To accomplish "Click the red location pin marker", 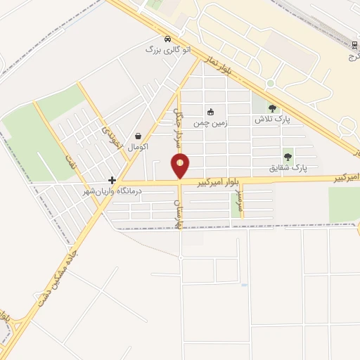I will pyautogui.click(x=181, y=167).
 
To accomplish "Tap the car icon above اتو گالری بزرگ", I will pyautogui.click(x=167, y=39).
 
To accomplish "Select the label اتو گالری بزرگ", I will pyautogui.click(x=167, y=50).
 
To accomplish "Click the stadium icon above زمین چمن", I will pyautogui.click(x=210, y=112).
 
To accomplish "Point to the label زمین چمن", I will pyautogui.click(x=209, y=122).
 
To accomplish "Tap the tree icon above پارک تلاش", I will pyautogui.click(x=273, y=108).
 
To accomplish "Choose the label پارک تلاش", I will pyautogui.click(x=272, y=120).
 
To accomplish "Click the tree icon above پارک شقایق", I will pyautogui.click(x=288, y=156).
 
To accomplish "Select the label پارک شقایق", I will pyautogui.click(x=288, y=168).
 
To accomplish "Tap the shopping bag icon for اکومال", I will pyautogui.click(x=138, y=136).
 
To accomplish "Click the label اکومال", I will pyautogui.click(x=138, y=146).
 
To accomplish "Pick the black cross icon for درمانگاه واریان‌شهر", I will pyautogui.click(x=112, y=180).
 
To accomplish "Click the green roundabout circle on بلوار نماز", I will pyautogui.click(x=270, y=84).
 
